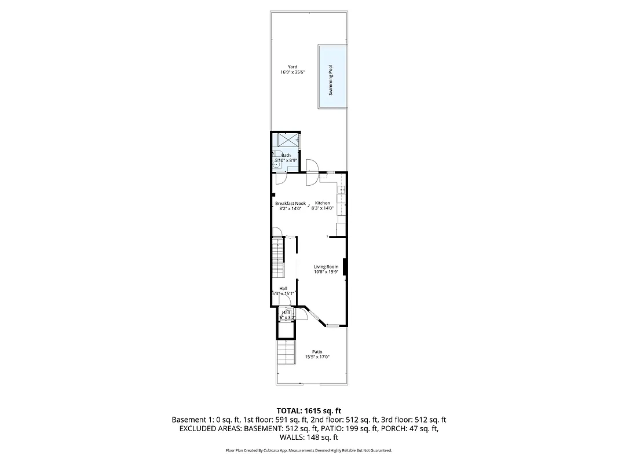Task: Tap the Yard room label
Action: coord(292,67)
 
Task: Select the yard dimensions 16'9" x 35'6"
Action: coord(292,72)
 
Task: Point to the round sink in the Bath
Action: coord(277,164)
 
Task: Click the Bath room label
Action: coord(286,155)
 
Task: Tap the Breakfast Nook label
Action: coord(290,203)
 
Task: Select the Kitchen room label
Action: coord(323,203)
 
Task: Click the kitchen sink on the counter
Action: coord(342,190)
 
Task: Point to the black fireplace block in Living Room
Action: coord(345,267)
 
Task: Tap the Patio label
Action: coord(317,351)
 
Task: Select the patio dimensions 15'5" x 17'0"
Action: coord(317,357)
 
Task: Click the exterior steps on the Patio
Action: coord(286,352)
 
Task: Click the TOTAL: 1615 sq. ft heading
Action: coord(309,410)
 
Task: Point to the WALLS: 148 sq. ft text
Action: coord(309,438)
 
